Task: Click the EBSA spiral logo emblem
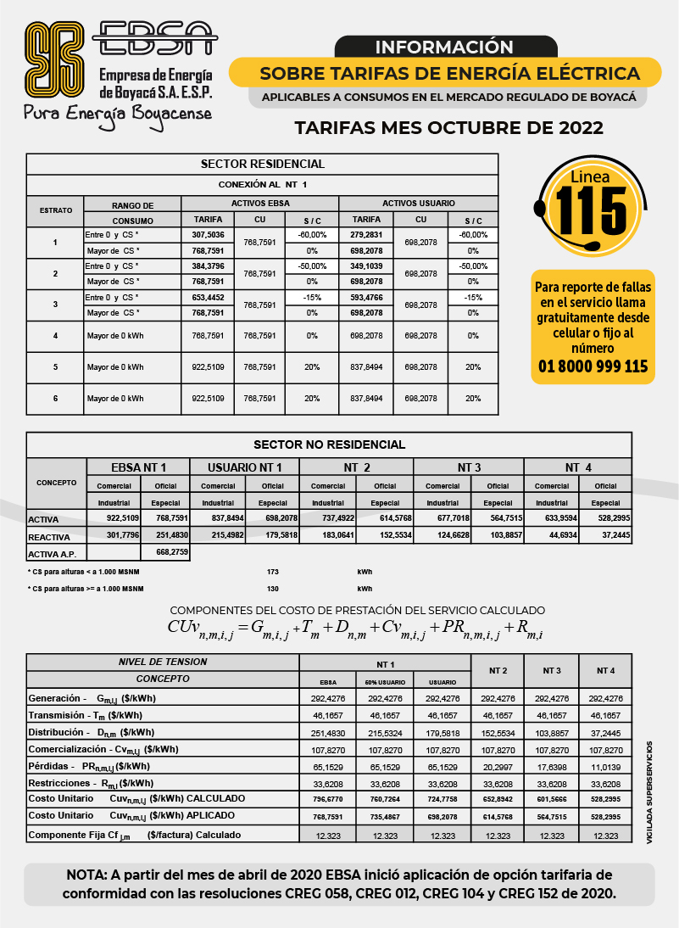click(x=54, y=58)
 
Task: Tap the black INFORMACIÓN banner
click(x=444, y=47)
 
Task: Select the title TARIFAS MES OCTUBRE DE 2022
click(x=448, y=128)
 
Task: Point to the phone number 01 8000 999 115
click(x=593, y=366)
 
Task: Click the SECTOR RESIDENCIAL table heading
click(x=262, y=164)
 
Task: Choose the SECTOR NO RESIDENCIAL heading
click(x=329, y=444)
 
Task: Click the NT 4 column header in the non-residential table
click(x=578, y=467)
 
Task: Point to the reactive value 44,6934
click(x=551, y=535)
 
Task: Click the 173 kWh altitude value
click(x=272, y=572)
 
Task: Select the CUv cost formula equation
click(x=357, y=629)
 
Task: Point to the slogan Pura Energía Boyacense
click(x=117, y=114)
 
